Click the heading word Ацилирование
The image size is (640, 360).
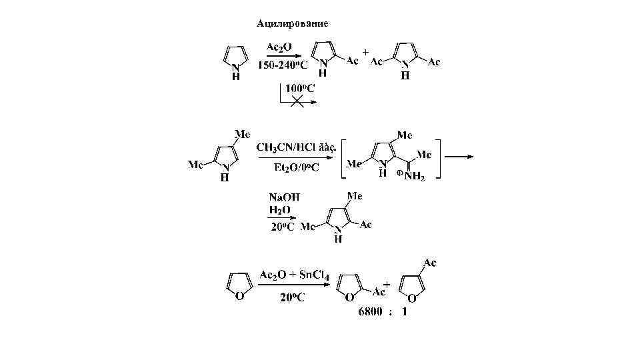point(292,24)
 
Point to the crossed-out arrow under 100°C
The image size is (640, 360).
point(297,101)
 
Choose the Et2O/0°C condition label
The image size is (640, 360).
point(297,167)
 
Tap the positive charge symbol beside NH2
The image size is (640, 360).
point(399,173)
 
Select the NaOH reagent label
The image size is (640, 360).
point(283,197)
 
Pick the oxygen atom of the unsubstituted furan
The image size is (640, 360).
point(241,295)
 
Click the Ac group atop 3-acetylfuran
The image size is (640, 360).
point(429,263)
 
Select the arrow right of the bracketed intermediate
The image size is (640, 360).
point(460,157)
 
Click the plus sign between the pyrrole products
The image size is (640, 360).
point(365,51)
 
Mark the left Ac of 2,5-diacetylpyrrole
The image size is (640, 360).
point(377,61)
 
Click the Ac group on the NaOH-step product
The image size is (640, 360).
point(366,225)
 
